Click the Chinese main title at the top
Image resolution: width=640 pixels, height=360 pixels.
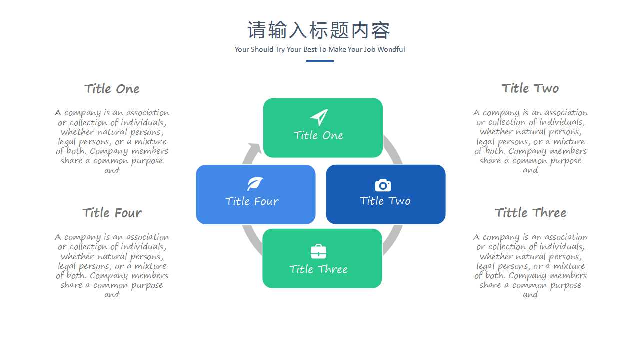[x=319, y=30]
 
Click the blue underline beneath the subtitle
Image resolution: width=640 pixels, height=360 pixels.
[x=319, y=61]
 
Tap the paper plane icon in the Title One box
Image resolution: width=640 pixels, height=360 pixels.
[x=319, y=117]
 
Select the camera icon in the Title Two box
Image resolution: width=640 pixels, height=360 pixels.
[x=383, y=185]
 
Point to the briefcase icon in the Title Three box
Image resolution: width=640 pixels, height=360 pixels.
[x=318, y=251]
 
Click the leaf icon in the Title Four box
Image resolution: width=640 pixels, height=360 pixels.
[x=255, y=184]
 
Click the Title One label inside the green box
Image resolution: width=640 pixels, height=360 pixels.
[x=319, y=135]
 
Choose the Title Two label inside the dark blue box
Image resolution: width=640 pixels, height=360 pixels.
[x=385, y=201]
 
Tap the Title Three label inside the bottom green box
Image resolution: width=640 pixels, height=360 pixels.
[x=319, y=269]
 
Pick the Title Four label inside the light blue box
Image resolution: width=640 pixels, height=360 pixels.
[x=252, y=201]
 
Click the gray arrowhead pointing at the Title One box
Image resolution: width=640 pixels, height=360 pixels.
[x=254, y=148]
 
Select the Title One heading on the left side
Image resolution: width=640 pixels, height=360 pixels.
[x=112, y=89]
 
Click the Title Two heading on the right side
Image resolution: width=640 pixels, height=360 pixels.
[x=530, y=88]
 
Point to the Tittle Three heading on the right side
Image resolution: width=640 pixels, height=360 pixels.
[x=531, y=213]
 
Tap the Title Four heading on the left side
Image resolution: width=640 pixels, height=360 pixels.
[x=112, y=213]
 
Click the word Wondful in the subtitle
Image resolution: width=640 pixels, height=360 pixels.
[x=391, y=49]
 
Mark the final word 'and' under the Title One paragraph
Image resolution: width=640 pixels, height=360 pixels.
[x=112, y=171]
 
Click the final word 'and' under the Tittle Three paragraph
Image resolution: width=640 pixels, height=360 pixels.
[x=530, y=295]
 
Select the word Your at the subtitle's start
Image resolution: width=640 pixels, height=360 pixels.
[x=242, y=49]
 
